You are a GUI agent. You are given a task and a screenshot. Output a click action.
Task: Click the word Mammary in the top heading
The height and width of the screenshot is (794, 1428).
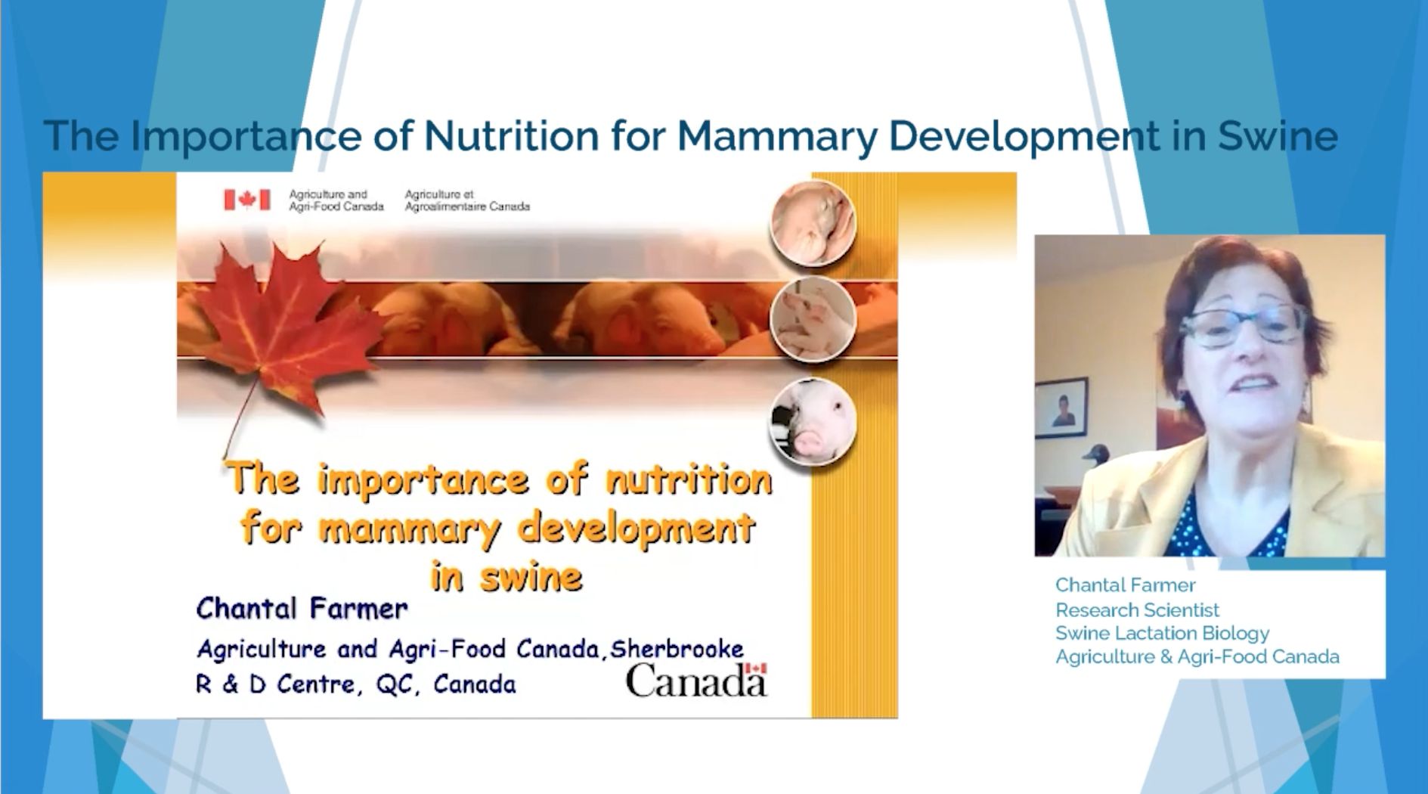click(776, 136)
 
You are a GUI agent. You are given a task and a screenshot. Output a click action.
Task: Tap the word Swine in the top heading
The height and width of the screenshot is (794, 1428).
click(1278, 136)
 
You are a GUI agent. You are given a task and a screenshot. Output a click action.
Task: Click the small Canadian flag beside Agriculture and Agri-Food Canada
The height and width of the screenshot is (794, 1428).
click(246, 200)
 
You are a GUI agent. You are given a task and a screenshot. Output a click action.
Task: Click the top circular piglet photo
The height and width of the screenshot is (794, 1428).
click(813, 224)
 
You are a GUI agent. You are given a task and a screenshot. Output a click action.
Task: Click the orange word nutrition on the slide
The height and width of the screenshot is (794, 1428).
click(689, 479)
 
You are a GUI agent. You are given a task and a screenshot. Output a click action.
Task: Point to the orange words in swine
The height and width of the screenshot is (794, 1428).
click(506, 577)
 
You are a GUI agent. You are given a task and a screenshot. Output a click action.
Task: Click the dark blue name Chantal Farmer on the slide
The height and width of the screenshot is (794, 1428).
click(302, 609)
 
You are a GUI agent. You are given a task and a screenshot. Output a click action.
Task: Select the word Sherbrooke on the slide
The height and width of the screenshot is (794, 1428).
click(677, 649)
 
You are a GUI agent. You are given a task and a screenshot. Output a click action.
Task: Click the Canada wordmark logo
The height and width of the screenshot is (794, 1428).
click(696, 680)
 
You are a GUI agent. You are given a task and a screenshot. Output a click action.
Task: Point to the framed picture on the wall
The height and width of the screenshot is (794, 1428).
click(1061, 408)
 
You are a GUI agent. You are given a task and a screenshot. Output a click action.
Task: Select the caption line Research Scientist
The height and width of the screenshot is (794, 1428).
click(1137, 609)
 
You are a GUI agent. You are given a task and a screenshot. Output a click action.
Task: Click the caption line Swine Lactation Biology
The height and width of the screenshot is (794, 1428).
click(1162, 633)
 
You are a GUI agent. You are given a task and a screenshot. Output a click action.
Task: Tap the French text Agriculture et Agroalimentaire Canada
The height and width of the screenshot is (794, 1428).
click(467, 200)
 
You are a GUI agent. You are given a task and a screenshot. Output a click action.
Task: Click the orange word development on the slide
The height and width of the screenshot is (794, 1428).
click(637, 529)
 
